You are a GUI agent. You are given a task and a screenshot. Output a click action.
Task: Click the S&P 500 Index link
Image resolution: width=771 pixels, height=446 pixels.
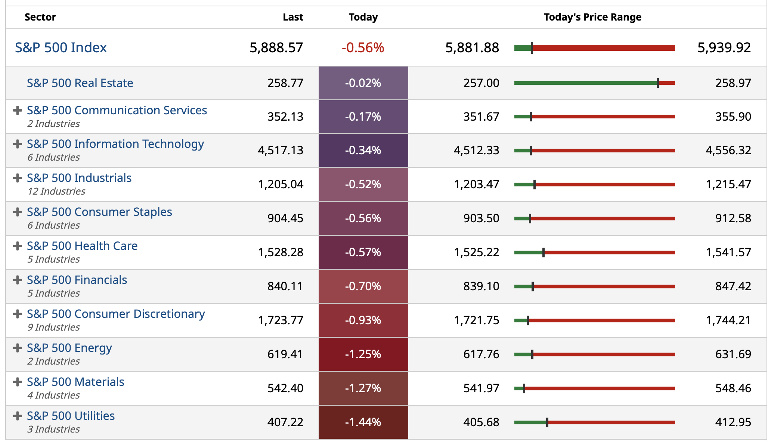pyautogui.click(x=61, y=48)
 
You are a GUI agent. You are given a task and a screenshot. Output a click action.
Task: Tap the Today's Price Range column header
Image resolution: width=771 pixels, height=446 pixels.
pyautogui.click(x=592, y=17)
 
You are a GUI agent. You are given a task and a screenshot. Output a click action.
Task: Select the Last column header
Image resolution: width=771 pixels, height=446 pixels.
pyautogui.click(x=293, y=17)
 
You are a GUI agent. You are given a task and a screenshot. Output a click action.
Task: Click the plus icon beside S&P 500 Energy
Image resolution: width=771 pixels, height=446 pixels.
pyautogui.click(x=17, y=348)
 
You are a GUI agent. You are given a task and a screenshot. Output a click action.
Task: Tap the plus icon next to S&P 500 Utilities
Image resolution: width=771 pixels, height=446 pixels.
pyautogui.click(x=17, y=416)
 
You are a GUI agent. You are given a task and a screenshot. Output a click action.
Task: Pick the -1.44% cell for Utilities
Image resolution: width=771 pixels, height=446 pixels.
pyautogui.click(x=363, y=422)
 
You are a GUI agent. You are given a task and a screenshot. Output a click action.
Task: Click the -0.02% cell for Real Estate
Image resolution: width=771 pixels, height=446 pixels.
pyautogui.click(x=363, y=83)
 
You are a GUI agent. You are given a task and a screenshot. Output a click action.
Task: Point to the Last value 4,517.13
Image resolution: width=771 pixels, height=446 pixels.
pyautogui.click(x=281, y=151)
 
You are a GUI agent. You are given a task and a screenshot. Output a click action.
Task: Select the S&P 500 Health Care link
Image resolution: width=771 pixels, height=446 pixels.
pyautogui.click(x=82, y=246)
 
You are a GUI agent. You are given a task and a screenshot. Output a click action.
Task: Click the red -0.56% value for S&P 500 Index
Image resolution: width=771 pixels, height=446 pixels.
pyautogui.click(x=363, y=48)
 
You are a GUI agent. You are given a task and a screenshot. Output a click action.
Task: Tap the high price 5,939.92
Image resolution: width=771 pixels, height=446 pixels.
pyautogui.click(x=724, y=48)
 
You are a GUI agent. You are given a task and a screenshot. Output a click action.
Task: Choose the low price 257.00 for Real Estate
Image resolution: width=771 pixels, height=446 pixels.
pyautogui.click(x=481, y=83)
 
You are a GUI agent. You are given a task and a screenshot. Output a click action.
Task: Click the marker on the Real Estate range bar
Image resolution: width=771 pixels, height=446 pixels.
pyautogui.click(x=658, y=83)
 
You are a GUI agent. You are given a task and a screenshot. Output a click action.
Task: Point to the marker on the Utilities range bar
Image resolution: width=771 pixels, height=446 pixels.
pyautogui.click(x=547, y=422)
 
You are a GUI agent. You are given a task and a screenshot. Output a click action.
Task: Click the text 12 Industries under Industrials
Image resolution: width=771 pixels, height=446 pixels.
pyautogui.click(x=56, y=191)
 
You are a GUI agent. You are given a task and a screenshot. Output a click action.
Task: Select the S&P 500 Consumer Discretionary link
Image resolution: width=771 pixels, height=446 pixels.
pyautogui.click(x=116, y=314)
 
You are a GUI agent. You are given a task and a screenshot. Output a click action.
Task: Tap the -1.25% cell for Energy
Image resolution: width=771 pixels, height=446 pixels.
pyautogui.click(x=363, y=354)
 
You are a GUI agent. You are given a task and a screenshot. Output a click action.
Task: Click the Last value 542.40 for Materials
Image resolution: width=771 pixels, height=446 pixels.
pyautogui.click(x=285, y=388)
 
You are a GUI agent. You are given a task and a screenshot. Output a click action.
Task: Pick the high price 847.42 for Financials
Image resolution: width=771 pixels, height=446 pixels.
pyautogui.click(x=733, y=287)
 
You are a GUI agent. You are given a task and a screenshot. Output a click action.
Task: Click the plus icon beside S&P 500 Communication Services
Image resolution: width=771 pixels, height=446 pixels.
pyautogui.click(x=17, y=111)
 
